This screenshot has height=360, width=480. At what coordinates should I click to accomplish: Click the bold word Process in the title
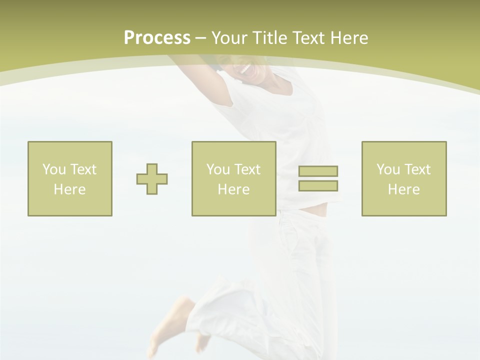point(157,38)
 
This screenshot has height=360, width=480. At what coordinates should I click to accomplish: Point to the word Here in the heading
point(349,38)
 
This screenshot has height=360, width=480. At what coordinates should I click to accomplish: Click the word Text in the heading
point(308,38)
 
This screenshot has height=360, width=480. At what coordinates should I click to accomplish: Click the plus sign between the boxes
point(152,179)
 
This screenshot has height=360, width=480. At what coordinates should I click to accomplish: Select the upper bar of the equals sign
point(318,171)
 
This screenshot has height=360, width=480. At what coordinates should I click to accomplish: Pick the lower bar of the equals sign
point(318,185)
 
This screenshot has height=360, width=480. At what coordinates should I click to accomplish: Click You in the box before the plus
point(54,169)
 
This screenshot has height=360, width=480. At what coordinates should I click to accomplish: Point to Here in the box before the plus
point(70,189)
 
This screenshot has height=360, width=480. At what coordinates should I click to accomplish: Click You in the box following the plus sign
point(218,169)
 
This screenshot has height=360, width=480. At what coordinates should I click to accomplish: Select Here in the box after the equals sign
point(404,189)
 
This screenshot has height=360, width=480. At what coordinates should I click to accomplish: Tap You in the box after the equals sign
point(388,169)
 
